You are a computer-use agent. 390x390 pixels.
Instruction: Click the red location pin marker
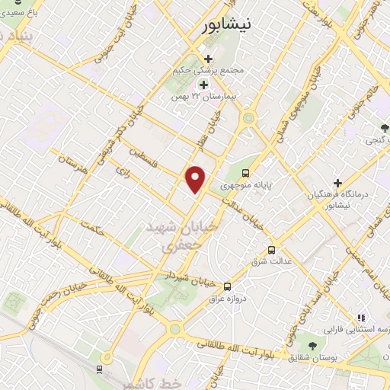tap(196, 179)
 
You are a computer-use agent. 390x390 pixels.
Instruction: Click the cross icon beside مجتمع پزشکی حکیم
tap(208, 58)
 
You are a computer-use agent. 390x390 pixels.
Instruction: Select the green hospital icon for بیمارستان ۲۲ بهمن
tap(203, 85)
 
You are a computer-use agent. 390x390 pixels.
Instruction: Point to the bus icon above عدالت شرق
tap(272, 250)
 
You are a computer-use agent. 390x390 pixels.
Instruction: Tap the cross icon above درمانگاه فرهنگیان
tap(337, 182)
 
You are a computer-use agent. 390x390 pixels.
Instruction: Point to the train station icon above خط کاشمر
tap(100, 369)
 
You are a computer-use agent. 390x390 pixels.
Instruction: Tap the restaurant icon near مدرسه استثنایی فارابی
tap(361, 318)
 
